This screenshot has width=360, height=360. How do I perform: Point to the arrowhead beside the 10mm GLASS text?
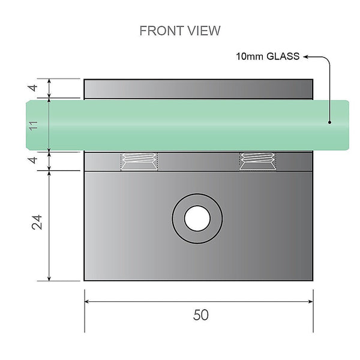click(305, 58)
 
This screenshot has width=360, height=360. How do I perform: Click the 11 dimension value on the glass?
click(34, 125)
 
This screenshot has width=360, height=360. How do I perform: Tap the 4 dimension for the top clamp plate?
click(34, 88)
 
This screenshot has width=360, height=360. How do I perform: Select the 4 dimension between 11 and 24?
click(34, 161)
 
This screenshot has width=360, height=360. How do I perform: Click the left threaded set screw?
click(139, 161)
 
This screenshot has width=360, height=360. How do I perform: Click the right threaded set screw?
click(257, 161)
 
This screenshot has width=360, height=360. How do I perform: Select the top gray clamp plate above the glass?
click(198, 88)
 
